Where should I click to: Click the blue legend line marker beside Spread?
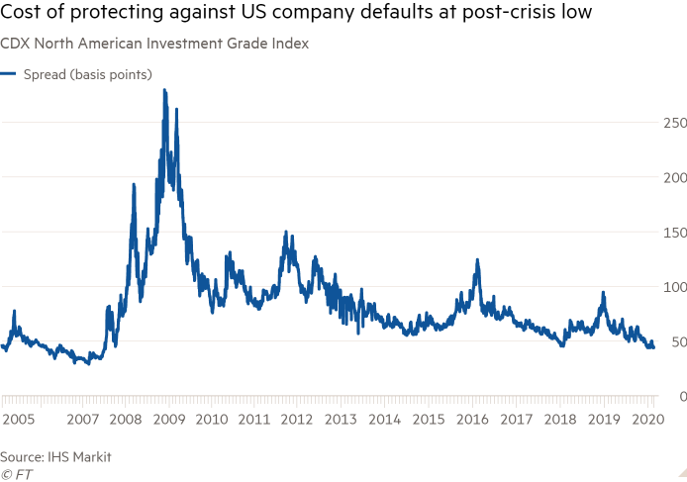8,74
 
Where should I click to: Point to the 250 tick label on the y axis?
674,123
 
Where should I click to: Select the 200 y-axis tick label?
674,177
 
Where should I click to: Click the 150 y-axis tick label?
674,232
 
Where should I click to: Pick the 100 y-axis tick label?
674,287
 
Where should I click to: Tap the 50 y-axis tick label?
677,341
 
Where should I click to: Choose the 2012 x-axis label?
298,420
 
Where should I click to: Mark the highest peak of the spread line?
164,91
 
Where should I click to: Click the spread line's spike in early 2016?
477,260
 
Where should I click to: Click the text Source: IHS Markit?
55,457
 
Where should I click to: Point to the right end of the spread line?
653,345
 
